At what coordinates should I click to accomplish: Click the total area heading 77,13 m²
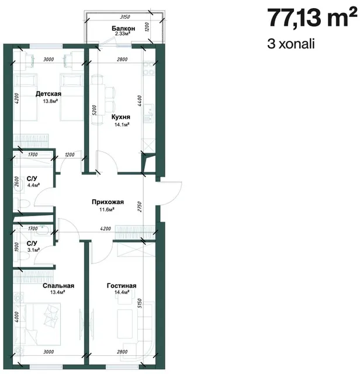point(311,18)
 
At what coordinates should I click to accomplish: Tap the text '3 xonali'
point(291,44)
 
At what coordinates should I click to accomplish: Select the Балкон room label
point(123,29)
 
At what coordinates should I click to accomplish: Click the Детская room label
point(49,93)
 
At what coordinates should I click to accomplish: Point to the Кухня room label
point(121,117)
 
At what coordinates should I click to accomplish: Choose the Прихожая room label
point(108,202)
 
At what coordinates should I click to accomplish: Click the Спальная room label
point(58,286)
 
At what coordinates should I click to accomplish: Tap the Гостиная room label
point(122,286)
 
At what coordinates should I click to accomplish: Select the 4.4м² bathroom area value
point(33,185)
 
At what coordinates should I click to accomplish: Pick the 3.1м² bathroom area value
point(33,250)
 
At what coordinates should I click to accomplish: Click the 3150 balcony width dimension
point(124,17)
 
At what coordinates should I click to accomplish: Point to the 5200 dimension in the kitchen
point(94,110)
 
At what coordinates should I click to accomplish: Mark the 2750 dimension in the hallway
point(140,207)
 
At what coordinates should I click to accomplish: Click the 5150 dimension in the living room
point(140,303)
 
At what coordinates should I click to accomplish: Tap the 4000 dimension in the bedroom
point(16,317)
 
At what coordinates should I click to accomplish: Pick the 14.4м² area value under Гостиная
point(122,292)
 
